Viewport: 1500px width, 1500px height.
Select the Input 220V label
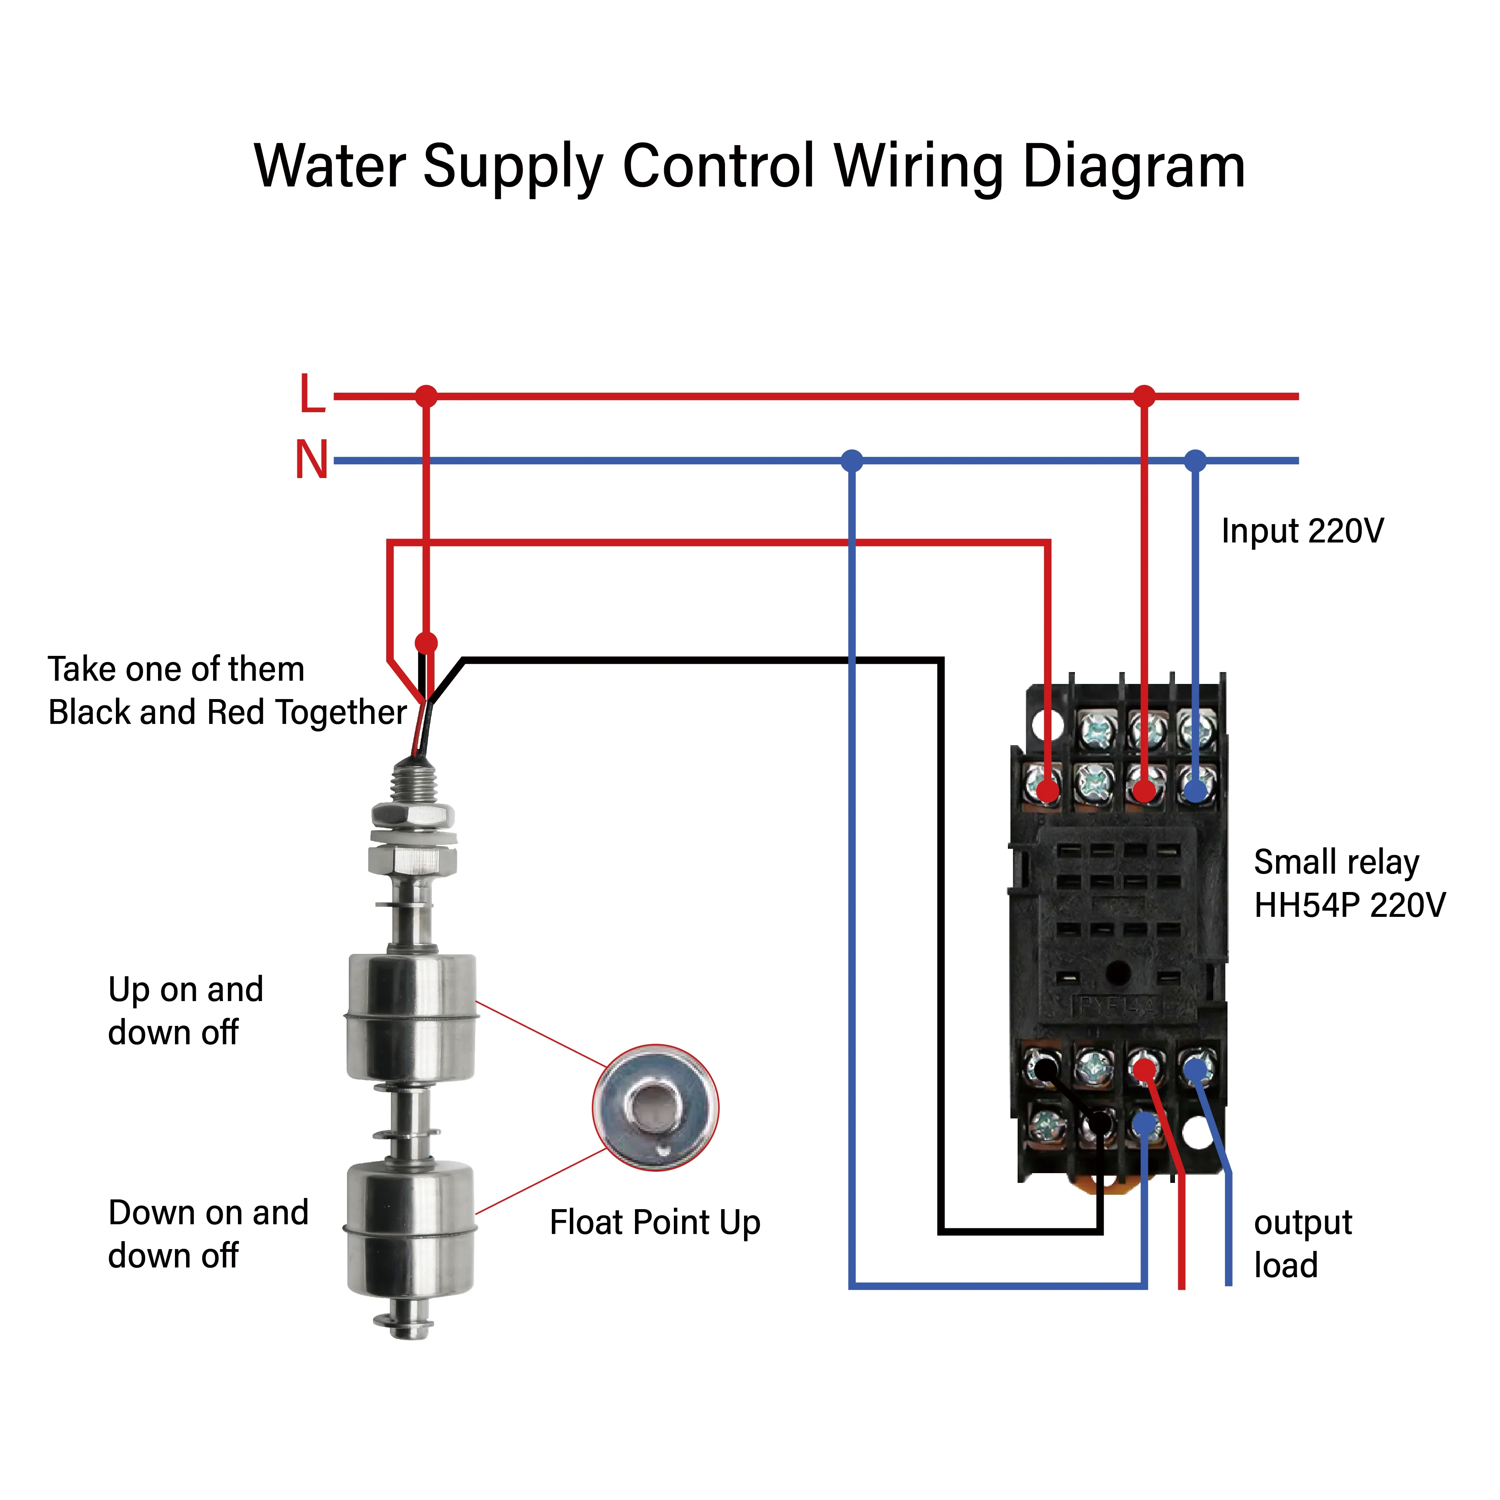[x=1302, y=531]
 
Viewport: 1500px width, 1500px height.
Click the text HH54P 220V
[x=1350, y=905]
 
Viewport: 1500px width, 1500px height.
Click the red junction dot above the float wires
[x=426, y=643]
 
